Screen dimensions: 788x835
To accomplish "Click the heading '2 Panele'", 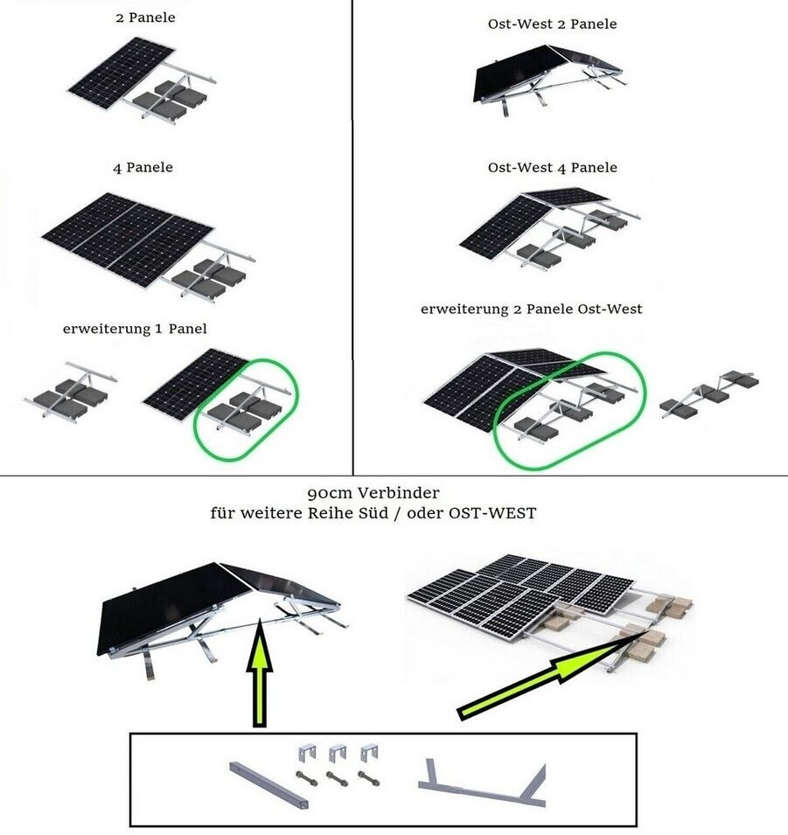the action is [145, 17].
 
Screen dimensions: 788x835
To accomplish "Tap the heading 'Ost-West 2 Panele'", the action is [553, 24].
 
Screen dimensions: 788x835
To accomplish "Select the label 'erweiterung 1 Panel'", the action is [135, 329].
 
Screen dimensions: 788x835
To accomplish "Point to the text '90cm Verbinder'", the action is [373, 493].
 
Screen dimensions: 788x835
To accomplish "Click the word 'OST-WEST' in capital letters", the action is [493, 513].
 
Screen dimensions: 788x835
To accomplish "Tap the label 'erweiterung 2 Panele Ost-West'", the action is [531, 309].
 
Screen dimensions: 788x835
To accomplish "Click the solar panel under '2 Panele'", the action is [122, 73].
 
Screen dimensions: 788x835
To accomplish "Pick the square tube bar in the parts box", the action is [269, 785].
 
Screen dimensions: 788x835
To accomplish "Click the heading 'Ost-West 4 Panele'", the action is [553, 168].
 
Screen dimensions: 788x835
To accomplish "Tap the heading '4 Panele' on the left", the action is [143, 168].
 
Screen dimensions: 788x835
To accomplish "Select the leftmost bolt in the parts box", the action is [306, 778].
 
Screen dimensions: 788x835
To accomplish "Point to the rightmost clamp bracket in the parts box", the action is [369, 753].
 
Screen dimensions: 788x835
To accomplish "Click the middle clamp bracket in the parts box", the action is [338, 753].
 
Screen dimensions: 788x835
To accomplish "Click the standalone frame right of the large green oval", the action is [709, 393].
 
